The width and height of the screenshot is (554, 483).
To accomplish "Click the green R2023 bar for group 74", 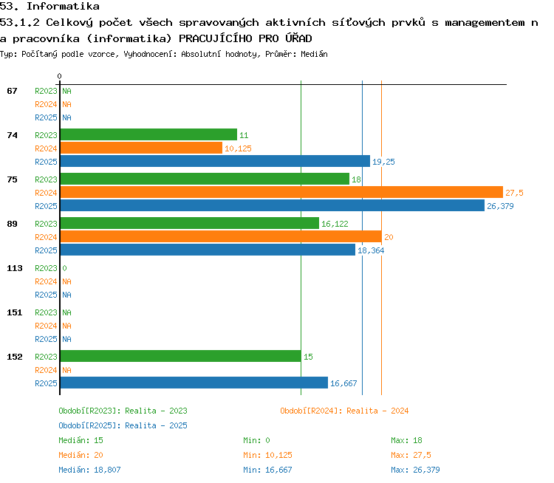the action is (x=148, y=134).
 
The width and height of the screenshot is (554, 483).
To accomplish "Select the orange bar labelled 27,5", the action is (x=281, y=192).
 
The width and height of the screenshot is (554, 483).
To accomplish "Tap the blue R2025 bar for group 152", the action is (x=194, y=383).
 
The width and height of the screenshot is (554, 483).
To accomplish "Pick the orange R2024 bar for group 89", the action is (x=221, y=236).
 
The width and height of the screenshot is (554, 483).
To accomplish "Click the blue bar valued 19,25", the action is (x=215, y=161).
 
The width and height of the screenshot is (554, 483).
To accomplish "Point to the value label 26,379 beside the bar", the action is (x=500, y=206).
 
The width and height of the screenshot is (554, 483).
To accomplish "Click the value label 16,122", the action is (x=335, y=224).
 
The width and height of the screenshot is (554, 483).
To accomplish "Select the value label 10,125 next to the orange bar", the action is (x=238, y=148).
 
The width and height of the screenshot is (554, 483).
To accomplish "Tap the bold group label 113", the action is (x=15, y=268).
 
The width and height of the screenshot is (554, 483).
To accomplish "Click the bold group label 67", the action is (x=12, y=91).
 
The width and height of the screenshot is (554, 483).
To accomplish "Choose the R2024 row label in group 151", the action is (x=46, y=326).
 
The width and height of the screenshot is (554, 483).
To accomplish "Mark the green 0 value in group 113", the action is (x=65, y=268).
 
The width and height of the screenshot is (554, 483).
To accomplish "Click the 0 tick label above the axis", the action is (x=59, y=76).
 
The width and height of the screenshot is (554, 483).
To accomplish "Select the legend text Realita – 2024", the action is (x=377, y=411).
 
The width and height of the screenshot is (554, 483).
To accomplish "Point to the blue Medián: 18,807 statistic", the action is (x=89, y=470).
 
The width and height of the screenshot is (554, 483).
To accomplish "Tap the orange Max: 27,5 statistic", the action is (x=411, y=455).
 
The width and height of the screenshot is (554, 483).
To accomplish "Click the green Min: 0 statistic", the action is (x=256, y=440).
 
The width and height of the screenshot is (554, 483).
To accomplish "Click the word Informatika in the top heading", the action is (x=64, y=7).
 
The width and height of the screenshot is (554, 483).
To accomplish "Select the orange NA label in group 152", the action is (x=66, y=370).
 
